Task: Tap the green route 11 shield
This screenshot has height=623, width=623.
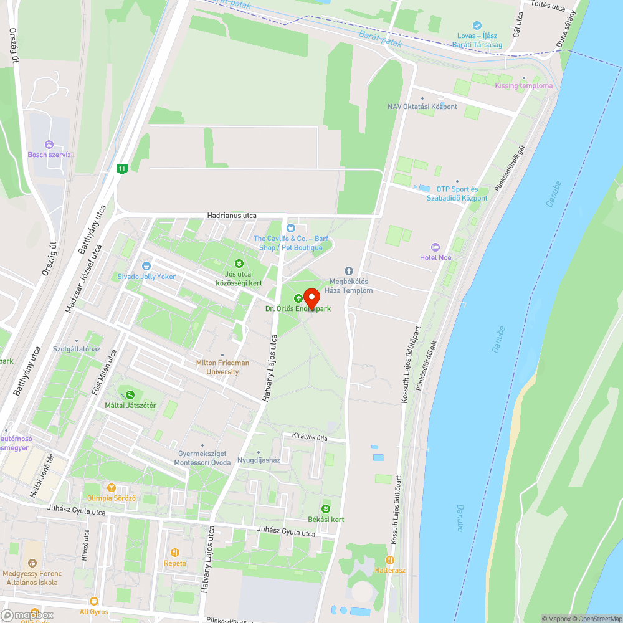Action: click(121, 168)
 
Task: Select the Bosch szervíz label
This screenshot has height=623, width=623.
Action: click(50, 154)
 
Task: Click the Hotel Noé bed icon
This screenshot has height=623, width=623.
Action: click(435, 247)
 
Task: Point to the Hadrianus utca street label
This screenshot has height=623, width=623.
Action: click(232, 216)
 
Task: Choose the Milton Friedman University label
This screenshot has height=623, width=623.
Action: click(222, 367)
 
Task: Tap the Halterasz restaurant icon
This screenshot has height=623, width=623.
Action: click(391, 559)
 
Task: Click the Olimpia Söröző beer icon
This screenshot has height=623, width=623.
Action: click(112, 487)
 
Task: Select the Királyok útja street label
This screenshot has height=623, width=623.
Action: click(305, 437)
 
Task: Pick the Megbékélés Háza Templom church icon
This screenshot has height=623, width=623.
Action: click(349, 270)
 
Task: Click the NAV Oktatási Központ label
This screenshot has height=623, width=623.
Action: click(422, 107)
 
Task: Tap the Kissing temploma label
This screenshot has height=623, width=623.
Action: click(523, 85)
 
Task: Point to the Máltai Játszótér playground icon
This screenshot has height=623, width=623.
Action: click(130, 394)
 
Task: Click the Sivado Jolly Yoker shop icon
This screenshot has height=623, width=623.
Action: click(146, 266)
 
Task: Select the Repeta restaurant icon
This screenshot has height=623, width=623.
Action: click(175, 552)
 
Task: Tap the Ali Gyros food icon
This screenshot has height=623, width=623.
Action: click(94, 601)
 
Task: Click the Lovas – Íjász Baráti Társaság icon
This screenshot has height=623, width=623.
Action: click(477, 26)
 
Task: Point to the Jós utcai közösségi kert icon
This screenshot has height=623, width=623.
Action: click(239, 264)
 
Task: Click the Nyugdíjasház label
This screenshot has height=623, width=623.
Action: click(259, 460)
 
